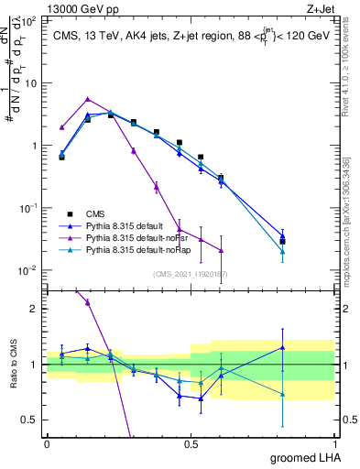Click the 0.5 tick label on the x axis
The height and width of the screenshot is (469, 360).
tap(191, 443)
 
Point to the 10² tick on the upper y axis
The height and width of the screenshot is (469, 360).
tap(29, 20)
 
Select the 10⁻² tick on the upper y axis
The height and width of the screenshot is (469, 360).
tap(29, 270)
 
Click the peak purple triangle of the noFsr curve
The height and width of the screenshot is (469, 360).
tap(87, 99)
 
